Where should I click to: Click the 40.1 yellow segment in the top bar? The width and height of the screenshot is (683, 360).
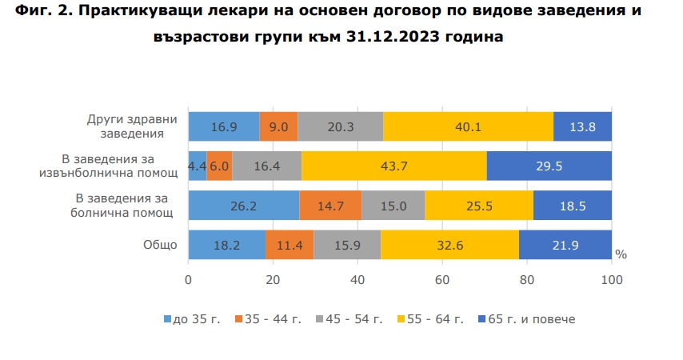click(x=468, y=126)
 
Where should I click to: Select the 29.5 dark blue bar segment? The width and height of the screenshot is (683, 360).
click(x=549, y=166)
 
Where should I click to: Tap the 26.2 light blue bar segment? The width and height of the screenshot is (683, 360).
click(x=244, y=206)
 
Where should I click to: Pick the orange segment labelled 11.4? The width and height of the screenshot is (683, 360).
click(x=290, y=245)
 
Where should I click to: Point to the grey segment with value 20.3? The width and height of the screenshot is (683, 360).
click(x=341, y=126)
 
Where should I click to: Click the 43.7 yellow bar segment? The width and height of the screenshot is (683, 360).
click(x=394, y=166)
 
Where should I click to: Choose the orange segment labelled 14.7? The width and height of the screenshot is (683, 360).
click(x=330, y=206)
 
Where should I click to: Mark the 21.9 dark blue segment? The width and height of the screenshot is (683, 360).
click(x=565, y=245)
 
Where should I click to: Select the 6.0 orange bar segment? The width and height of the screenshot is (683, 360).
click(x=219, y=166)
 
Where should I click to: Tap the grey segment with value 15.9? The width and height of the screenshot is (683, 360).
click(x=347, y=245)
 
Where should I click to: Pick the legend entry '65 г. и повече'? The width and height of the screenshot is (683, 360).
click(x=525, y=318)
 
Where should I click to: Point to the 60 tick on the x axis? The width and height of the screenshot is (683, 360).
click(x=442, y=280)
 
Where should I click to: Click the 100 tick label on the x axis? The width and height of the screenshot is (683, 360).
click(x=612, y=280)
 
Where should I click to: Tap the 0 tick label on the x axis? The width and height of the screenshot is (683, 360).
click(x=189, y=280)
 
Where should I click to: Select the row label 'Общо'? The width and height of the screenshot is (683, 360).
click(x=160, y=245)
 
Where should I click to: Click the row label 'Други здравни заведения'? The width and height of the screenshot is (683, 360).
click(x=132, y=126)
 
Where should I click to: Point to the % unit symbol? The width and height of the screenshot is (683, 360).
click(x=621, y=254)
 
